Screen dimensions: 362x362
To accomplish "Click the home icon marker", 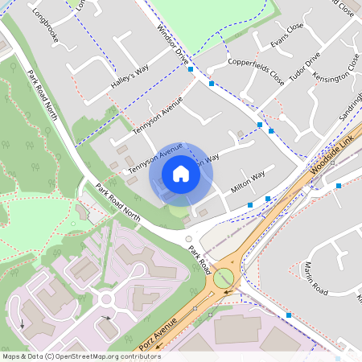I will [x=181, y=174].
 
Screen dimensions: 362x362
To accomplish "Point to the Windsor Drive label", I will [x=173, y=44].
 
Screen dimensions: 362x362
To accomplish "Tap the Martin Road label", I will [x=315, y=276].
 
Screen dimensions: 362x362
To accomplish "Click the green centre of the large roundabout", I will [x=224, y=278].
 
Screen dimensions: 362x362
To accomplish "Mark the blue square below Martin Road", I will [x=288, y=315].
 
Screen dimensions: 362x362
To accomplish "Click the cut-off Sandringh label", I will [x=351, y=105].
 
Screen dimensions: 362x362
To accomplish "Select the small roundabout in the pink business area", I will [x=105, y=300].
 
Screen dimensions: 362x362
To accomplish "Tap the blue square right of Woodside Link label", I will [x=339, y=186].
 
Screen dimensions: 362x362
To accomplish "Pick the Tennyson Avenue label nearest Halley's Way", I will [x=157, y=117].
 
